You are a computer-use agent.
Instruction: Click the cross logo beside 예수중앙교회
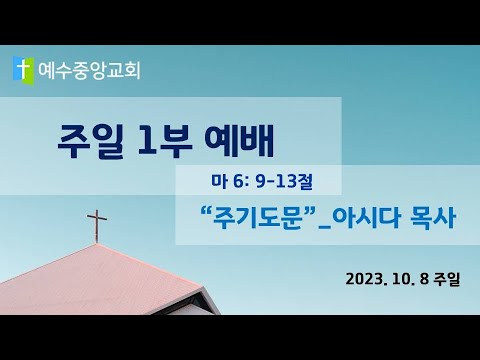23,71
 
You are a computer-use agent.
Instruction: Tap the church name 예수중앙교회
89,71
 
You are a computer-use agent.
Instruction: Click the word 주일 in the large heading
91,141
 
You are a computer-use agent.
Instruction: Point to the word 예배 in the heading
239,141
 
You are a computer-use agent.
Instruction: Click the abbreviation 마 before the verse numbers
218,181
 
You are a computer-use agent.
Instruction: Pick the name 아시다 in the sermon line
366,219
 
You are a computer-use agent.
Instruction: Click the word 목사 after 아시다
433,219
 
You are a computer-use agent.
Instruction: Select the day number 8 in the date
424,279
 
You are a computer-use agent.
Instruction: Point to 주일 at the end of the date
447,279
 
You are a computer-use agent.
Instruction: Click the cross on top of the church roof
97,226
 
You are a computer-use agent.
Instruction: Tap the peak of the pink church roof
96,244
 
